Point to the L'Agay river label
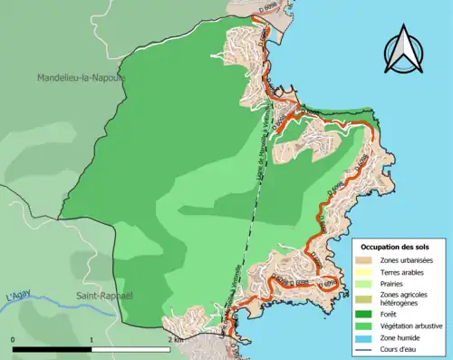click(x=18, y=297)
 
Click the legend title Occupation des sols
click(x=395, y=247)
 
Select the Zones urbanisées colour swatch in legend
click(x=364, y=259)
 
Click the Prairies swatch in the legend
click(x=364, y=283)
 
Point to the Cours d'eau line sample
click(x=364, y=349)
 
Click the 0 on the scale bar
click(x=14, y=340)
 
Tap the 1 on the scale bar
click(x=92, y=340)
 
